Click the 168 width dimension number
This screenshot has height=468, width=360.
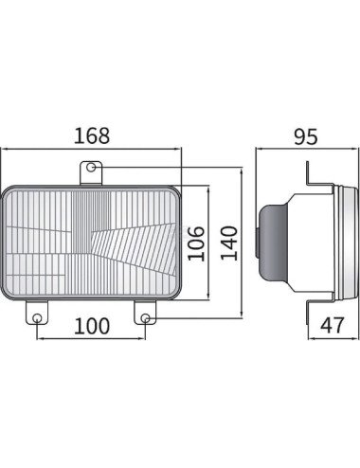point(92,135)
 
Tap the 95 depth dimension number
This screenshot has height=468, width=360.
point(306,136)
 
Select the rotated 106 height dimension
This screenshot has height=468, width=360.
point(196,243)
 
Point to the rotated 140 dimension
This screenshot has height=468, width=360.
point(228,243)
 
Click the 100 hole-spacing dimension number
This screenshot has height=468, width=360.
point(92,326)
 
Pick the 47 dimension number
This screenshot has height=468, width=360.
point(332,326)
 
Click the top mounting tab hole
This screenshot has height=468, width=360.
point(91,167)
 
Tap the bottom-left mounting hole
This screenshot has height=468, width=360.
point(37,317)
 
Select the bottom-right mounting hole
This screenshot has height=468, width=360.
point(145,317)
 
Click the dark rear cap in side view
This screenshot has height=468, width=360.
point(272,243)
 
